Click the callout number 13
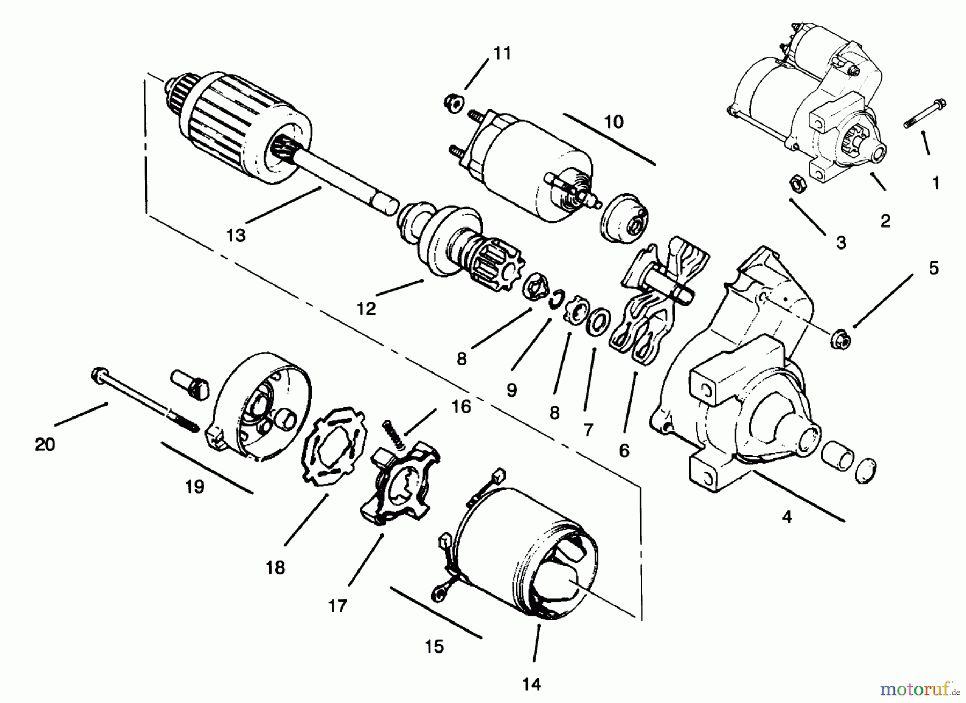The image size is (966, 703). [236, 235]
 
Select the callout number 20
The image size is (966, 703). [45, 445]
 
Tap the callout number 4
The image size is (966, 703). [787, 517]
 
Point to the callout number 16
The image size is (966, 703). [461, 407]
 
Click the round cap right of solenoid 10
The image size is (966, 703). [624, 217]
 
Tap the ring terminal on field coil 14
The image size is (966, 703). [436, 594]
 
